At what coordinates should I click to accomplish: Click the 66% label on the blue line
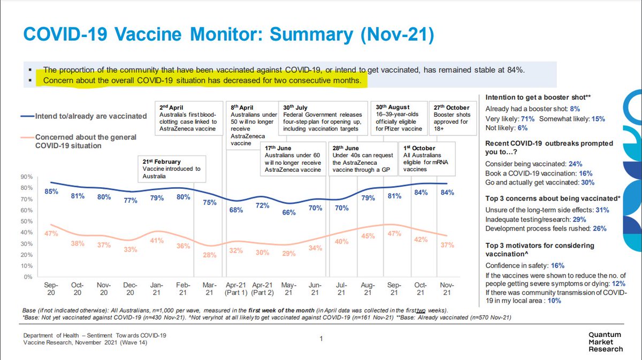[288, 212]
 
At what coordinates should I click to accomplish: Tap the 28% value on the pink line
[210, 255]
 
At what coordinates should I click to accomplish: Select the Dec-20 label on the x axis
[130, 289]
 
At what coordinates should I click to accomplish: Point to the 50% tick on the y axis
[26, 221]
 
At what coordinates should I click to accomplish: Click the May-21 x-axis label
[288, 289]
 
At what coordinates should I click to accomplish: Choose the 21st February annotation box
[172, 169]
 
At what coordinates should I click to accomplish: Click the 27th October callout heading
[452, 108]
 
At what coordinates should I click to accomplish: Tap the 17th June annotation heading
[278, 148]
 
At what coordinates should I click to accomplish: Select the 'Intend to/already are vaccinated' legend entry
[83, 116]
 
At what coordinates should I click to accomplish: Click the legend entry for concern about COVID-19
[79, 141]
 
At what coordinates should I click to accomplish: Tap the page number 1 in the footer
[322, 339]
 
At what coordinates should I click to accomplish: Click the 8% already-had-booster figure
[575, 109]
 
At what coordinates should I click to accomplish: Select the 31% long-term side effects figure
[602, 210]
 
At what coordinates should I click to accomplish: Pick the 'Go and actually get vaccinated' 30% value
[588, 182]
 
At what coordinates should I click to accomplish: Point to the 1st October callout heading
[419, 148]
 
